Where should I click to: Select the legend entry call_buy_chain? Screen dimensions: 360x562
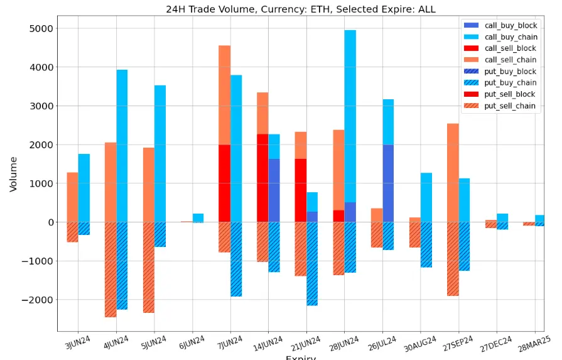pyautogui.click(x=515, y=36)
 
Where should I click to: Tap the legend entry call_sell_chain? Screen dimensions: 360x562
pyautogui.click(x=514, y=60)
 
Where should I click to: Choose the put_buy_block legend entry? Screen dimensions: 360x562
pyautogui.click(x=515, y=71)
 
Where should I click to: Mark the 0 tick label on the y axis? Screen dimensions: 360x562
pyautogui.click(x=47, y=222)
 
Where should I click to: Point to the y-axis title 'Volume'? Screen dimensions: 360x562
pyautogui.click(x=14, y=174)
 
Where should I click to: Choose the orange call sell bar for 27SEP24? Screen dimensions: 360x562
pyautogui.click(x=453, y=173)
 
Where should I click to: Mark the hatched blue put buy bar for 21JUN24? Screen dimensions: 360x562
pyautogui.click(x=312, y=264)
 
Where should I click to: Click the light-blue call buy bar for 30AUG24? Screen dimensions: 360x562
pyautogui.click(x=426, y=197)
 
